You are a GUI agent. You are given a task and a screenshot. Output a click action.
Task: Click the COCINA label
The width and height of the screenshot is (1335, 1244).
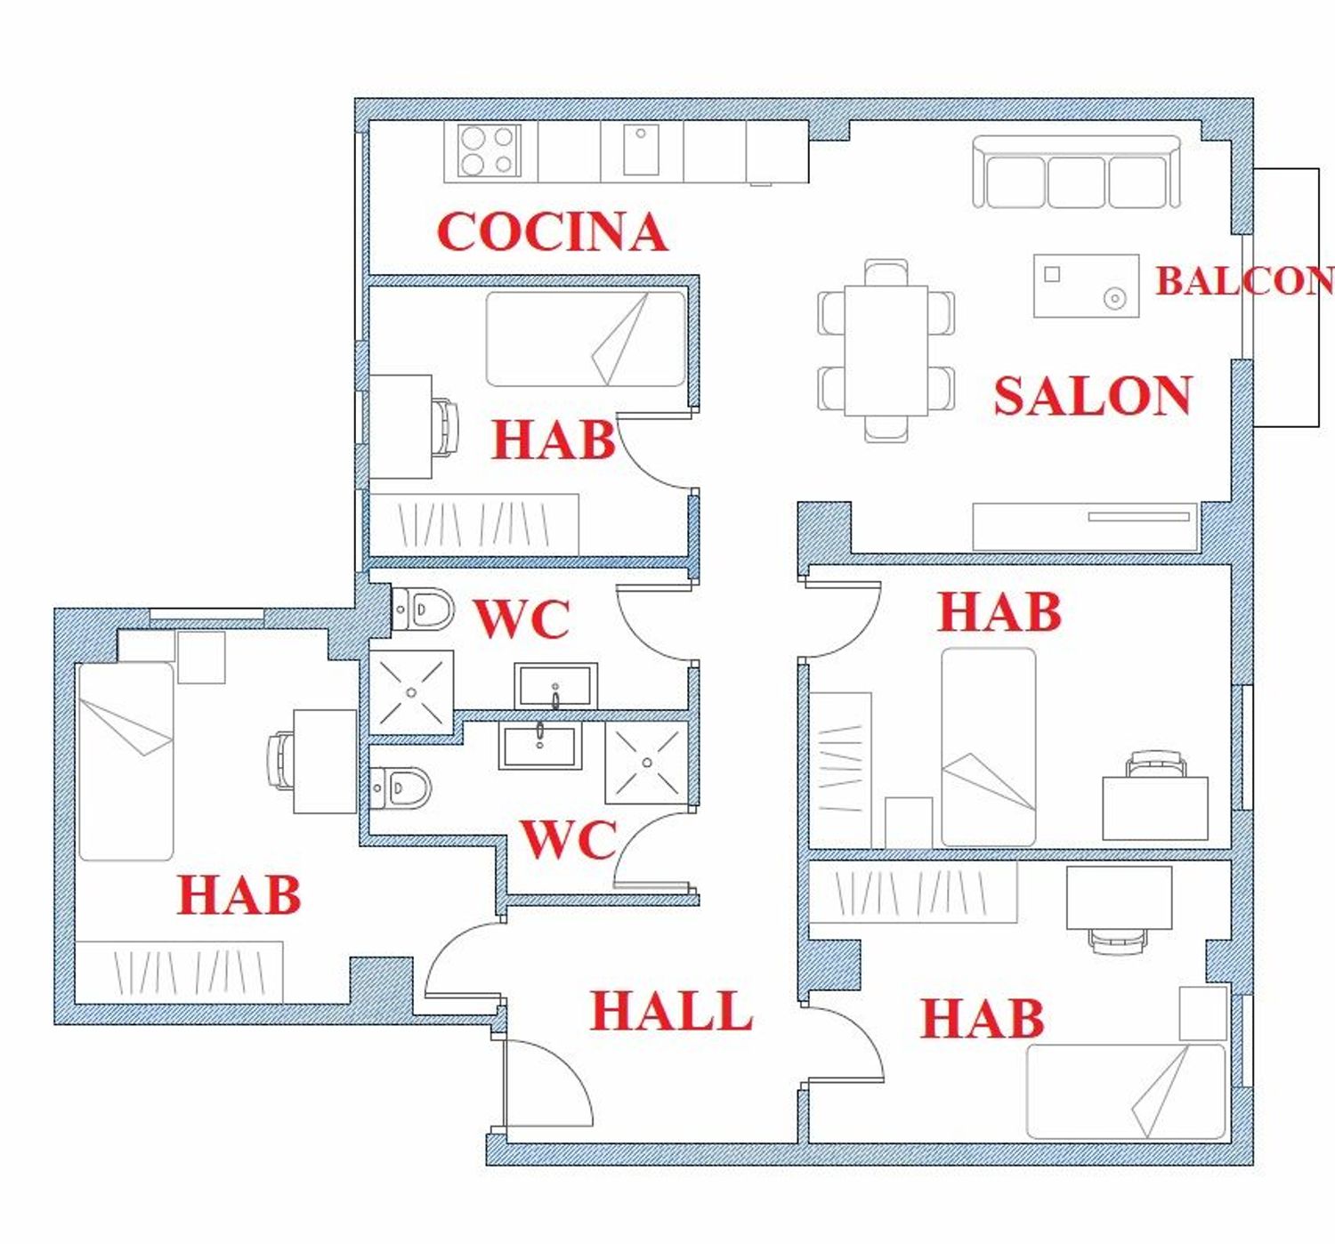point(553,231)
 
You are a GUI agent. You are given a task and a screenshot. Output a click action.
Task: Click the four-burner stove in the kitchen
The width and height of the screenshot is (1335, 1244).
point(489,150)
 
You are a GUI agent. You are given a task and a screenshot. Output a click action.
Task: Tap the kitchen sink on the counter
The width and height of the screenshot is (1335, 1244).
point(641,149)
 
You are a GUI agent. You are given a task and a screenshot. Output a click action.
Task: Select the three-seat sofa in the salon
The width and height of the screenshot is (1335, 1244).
point(1076,172)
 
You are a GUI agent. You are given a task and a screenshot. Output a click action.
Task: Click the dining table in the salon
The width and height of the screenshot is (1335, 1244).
point(886,351)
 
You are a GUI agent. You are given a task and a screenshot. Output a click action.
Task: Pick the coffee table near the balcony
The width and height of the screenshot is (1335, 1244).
point(1087,285)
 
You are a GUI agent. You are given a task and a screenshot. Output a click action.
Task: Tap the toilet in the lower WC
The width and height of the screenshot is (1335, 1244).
point(400,788)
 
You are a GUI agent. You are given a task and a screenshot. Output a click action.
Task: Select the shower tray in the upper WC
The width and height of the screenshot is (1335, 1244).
point(411,692)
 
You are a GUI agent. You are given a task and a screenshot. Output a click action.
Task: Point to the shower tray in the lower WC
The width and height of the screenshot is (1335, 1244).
point(647,763)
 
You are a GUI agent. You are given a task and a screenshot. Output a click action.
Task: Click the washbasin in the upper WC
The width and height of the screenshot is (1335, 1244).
point(556,685)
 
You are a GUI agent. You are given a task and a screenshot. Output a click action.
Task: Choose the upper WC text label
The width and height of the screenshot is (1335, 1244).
point(522,619)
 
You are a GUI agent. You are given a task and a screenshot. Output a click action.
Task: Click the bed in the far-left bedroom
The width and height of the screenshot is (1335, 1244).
point(125,762)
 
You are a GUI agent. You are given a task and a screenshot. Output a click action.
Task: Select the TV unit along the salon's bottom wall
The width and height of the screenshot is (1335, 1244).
point(1085,527)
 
